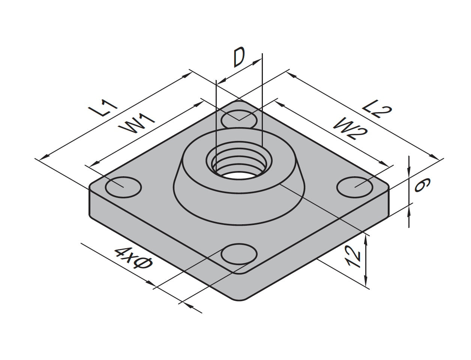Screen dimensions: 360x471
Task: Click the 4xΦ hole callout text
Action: click(x=133, y=259)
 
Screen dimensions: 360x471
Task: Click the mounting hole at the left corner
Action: click(x=123, y=186)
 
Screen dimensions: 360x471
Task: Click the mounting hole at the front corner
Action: click(x=239, y=255)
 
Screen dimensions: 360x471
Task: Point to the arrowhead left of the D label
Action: click(x=222, y=80)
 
